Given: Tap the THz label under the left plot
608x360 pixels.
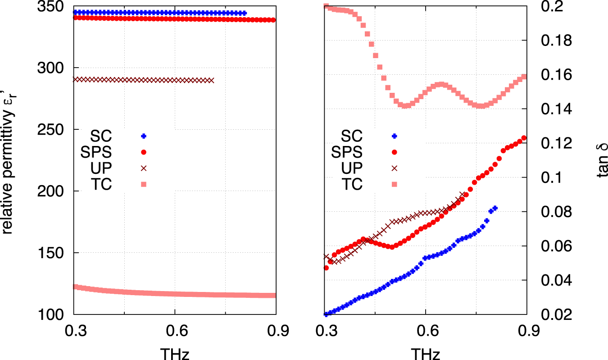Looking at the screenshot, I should [x=174, y=353].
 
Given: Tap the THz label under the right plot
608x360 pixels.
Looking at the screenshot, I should [x=425, y=353].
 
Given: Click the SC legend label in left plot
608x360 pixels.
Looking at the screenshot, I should [x=100, y=136].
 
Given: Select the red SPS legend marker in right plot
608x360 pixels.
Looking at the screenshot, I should [x=395, y=152].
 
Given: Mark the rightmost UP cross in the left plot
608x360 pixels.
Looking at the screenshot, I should [x=212, y=80].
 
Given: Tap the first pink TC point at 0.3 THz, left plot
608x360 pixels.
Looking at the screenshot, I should [x=75, y=287].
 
